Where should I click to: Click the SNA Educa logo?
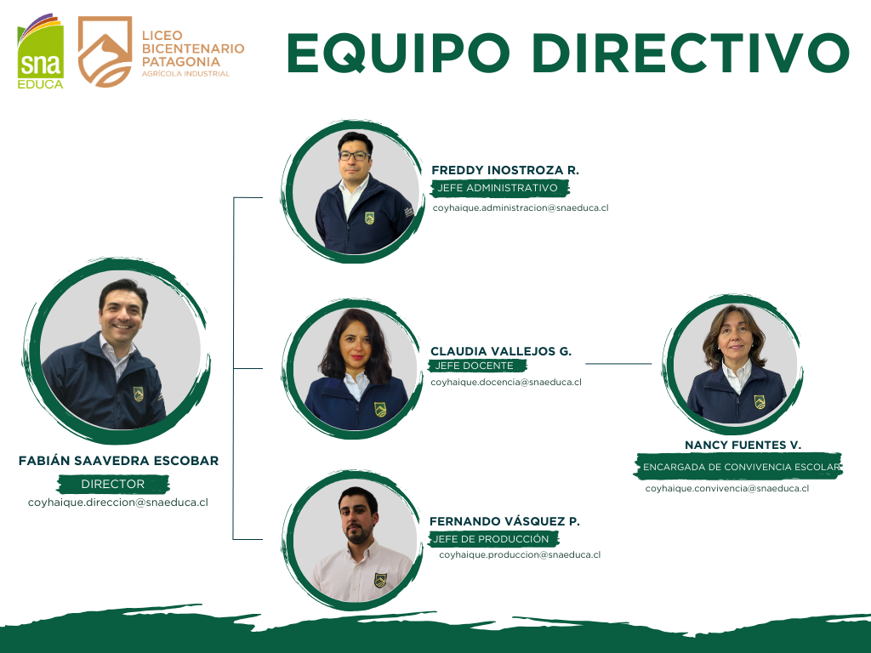click(40, 53)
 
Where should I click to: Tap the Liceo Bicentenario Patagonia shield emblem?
click(105, 52)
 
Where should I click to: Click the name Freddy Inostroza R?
click(505, 170)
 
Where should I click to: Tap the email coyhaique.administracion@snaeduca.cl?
click(521, 207)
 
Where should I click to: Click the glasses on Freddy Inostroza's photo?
click(354, 156)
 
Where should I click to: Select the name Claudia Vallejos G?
click(501, 350)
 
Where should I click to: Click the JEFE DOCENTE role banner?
click(476, 366)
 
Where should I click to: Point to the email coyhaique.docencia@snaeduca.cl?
click(506, 383)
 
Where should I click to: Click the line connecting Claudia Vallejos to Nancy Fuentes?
click(618, 363)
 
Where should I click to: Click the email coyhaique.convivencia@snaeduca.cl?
click(726, 488)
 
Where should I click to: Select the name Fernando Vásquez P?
click(504, 521)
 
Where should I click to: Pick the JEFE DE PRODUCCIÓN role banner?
click(492, 539)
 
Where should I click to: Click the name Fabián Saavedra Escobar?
click(118, 461)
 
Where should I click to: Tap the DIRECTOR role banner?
click(113, 484)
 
